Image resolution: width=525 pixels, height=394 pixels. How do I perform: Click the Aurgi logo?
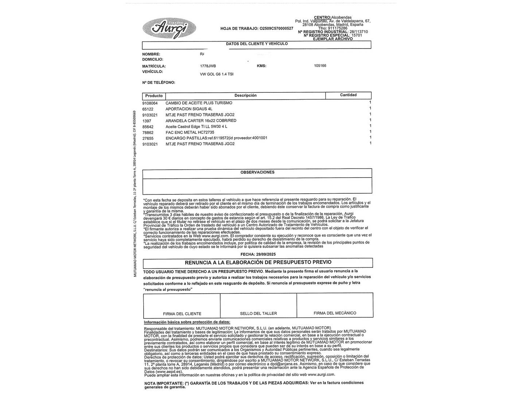click(169, 28)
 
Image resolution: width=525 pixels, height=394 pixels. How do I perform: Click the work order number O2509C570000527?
click(276, 28)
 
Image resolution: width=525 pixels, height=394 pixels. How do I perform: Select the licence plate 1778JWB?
click(208, 66)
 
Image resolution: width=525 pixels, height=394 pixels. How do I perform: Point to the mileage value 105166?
click(320, 66)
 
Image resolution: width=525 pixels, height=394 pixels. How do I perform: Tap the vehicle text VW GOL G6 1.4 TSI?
click(217, 74)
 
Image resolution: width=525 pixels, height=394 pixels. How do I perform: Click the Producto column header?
click(154, 96)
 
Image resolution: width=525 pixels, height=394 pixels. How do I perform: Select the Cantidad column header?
click(348, 95)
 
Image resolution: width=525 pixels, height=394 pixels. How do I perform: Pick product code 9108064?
click(150, 103)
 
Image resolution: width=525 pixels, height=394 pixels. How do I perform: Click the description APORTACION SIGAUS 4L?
click(189, 109)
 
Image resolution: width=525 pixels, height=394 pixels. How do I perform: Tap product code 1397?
click(147, 121)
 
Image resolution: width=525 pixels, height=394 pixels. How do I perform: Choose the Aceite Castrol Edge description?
click(196, 127)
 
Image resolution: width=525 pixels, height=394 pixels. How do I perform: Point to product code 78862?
click(148, 132)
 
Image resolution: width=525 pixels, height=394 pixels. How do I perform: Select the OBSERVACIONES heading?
click(257, 172)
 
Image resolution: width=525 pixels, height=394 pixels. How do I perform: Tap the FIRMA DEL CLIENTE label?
click(182, 314)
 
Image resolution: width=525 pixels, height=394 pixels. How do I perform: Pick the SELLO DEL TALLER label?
click(258, 313)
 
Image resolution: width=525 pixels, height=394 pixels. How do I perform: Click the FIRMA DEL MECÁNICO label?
click(335, 313)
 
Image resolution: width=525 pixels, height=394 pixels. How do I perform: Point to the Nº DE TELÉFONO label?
click(159, 82)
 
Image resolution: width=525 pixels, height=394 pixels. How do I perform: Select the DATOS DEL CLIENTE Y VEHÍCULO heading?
click(257, 44)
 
